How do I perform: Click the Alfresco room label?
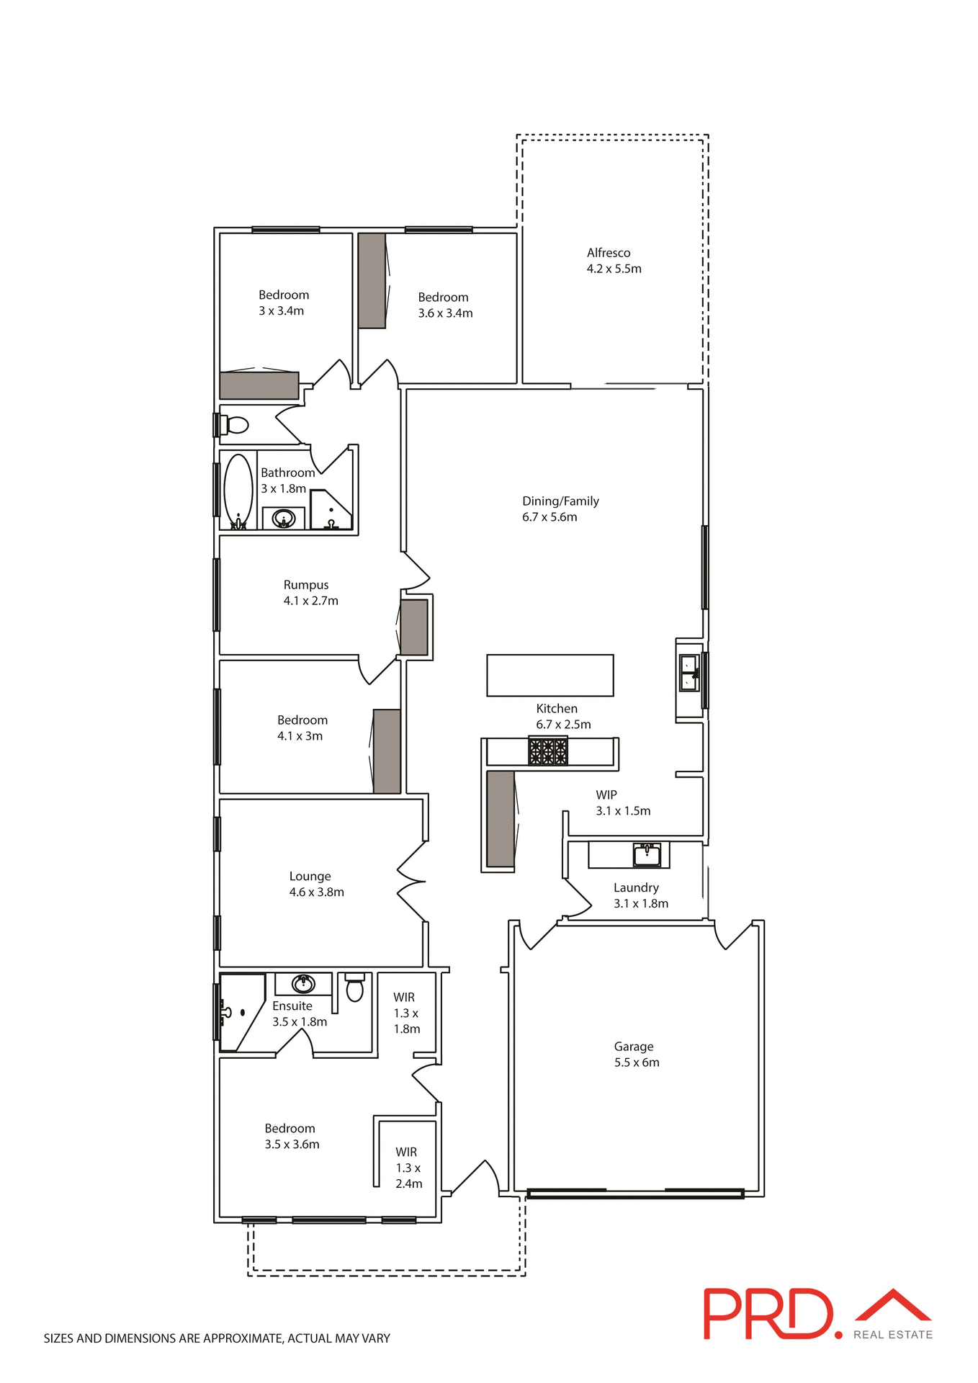pos(609,254)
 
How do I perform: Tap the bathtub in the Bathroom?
pos(238,490)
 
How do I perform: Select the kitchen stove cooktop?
pos(548,751)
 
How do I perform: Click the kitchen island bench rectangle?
pos(549,675)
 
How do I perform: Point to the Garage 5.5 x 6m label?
pos(636,1054)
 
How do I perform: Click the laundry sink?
pos(647,855)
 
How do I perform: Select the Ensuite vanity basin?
pos(303,983)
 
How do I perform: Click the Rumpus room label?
pos(306,585)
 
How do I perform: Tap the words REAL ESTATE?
pos(892,1335)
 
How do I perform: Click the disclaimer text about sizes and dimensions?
pos(217,1338)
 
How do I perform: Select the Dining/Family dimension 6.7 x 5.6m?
pos(549,517)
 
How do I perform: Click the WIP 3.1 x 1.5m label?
pos(622,802)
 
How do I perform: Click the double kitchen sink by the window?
pos(689,673)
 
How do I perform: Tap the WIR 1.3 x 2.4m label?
pos(408,1168)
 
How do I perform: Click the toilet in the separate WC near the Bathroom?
pos(236,425)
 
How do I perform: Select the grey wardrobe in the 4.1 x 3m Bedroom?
pos(387,751)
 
